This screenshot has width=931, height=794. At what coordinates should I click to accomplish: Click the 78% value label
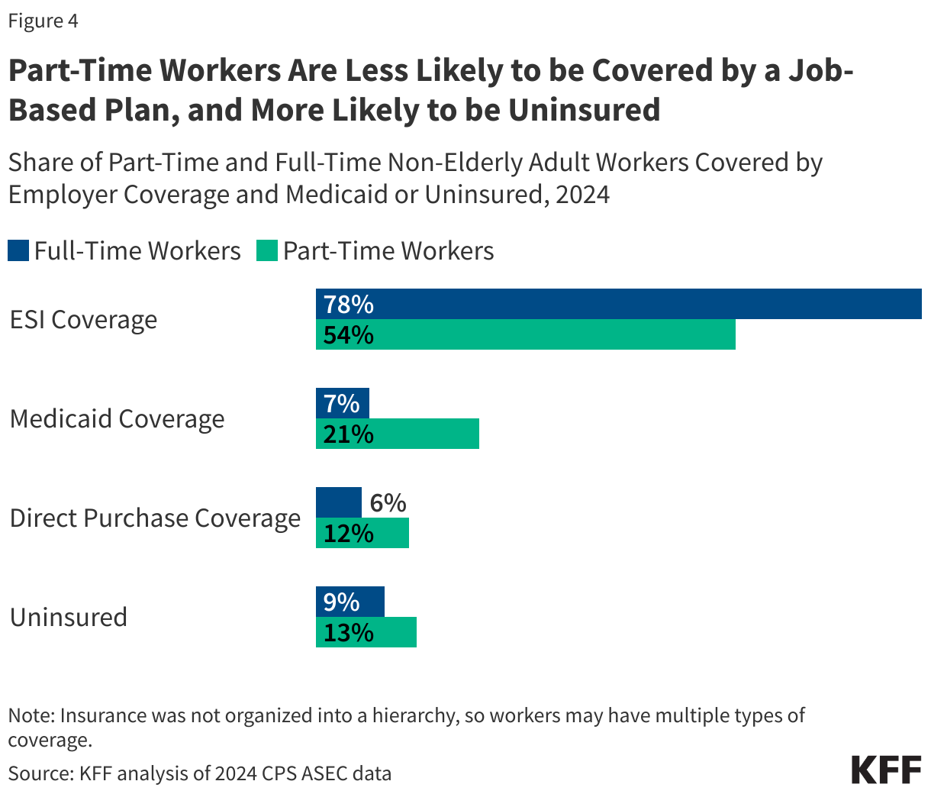[348, 305]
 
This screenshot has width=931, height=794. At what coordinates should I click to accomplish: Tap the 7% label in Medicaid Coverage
[341, 404]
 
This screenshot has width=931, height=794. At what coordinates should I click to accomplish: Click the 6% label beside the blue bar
[388, 503]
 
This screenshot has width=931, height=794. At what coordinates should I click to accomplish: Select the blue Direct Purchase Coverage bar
[338, 502]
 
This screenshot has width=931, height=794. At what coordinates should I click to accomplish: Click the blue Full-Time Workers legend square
[18, 250]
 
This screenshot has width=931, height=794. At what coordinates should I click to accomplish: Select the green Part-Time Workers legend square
[267, 250]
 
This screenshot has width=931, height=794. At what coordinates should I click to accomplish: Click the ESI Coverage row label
[83, 320]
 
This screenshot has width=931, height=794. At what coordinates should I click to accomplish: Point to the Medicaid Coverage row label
[117, 419]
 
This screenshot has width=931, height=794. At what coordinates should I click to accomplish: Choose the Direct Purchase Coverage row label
[155, 518]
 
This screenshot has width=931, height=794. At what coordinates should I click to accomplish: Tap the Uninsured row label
[68, 618]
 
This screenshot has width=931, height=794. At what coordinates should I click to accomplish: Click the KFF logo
[886, 770]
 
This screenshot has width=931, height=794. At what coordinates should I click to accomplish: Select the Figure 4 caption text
[43, 21]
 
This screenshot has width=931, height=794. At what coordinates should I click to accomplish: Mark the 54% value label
[348, 335]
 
